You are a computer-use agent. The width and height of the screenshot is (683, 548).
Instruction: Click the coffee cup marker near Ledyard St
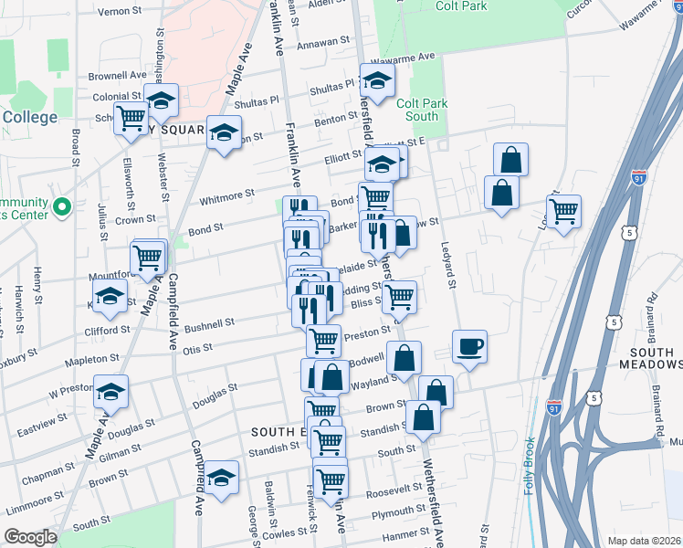pyautogui.click(x=469, y=347)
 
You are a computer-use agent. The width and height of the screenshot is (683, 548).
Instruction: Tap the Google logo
pyautogui.click(x=31, y=537)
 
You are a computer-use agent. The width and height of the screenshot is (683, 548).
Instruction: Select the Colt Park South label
pyautogui.click(x=422, y=110)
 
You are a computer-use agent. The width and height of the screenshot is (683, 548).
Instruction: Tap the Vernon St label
pyautogui.click(x=116, y=12)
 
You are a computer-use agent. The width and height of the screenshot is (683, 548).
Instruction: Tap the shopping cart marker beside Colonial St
pyautogui.click(x=131, y=118)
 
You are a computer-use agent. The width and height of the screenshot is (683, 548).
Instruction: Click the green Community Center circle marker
pyautogui.click(x=62, y=208)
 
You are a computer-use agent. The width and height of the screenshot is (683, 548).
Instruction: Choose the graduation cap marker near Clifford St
pyautogui.click(x=110, y=297)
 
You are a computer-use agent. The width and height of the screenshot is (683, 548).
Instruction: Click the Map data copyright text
pyautogui.click(x=644, y=541)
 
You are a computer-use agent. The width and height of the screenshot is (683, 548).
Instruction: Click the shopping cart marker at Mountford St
pyautogui.click(x=147, y=259)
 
